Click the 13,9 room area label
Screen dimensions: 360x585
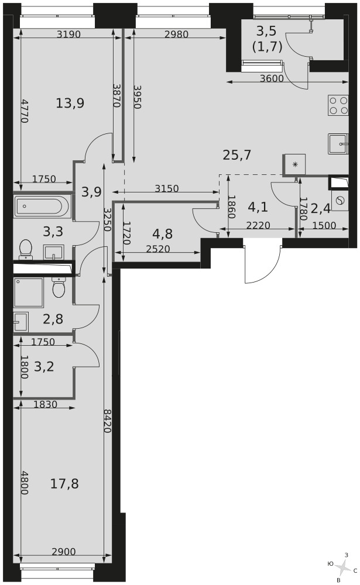pyautogui.click(x=70, y=103)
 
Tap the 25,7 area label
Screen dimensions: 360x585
pyautogui.click(x=236, y=154)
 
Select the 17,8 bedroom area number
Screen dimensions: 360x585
pyautogui.click(x=64, y=484)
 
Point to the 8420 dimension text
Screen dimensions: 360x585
pyautogui.click(x=107, y=421)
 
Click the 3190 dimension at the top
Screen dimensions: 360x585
pyautogui.click(x=68, y=35)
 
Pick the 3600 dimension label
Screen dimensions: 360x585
pyautogui.click(x=272, y=78)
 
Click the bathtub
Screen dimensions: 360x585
pyautogui.click(x=42, y=207)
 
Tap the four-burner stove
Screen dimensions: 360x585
pyautogui.click(x=338, y=105)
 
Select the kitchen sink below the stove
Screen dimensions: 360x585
pyautogui.click(x=338, y=144)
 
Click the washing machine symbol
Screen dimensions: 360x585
pyautogui.click(x=340, y=201)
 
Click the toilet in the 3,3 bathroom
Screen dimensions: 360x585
pyautogui.click(x=26, y=249)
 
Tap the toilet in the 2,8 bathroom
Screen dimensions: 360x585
pyautogui.click(x=59, y=287)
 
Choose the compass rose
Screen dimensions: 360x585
pyautogui.click(x=342, y=567)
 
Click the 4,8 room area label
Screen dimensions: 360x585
pyautogui.click(x=163, y=234)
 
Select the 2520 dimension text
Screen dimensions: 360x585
pyautogui.click(x=158, y=249)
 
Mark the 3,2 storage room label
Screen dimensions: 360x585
pyautogui.click(x=44, y=367)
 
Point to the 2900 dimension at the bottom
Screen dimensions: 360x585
pyautogui.click(x=63, y=552)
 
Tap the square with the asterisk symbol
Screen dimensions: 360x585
pyautogui.click(x=294, y=164)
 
